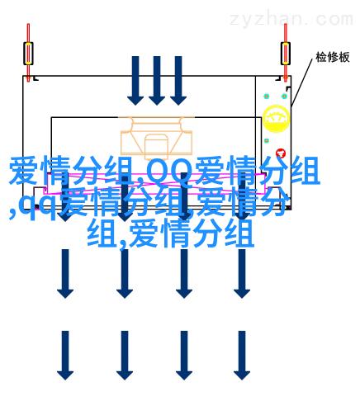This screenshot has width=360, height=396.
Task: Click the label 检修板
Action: pos(333,57)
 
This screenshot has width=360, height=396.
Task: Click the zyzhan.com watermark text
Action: pos(291,20)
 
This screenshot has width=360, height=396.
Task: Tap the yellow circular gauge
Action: pos(276,119)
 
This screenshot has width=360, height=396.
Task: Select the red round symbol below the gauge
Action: pos(281,153)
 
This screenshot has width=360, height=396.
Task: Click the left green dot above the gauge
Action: pos(266,97)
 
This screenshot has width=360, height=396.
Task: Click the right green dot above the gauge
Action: pos(284,97)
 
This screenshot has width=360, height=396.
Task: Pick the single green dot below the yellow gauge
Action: pos(266,141)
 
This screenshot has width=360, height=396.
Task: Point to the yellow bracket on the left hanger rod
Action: pos(28,54)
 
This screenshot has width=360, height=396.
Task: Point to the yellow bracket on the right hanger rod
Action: pos(286,54)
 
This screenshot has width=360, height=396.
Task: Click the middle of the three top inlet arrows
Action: pos(157,81)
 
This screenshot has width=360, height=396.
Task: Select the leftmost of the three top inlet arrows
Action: pos(135,81)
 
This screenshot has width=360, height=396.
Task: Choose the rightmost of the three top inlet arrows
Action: pos(178,81)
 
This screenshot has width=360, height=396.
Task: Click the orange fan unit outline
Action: pos(157,138)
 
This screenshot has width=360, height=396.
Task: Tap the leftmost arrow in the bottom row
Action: pos(65,356)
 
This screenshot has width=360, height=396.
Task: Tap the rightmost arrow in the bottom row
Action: pos(242,356)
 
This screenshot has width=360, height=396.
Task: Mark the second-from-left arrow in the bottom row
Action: pos(125,356)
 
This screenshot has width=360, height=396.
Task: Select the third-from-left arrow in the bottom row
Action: pos(184,356)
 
